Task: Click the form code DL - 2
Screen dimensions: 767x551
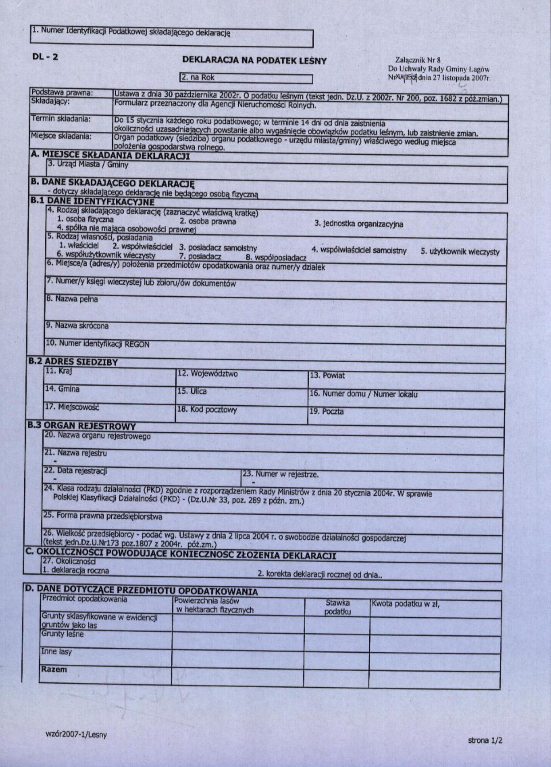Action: (x=45, y=56)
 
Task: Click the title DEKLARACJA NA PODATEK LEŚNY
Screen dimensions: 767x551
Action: (x=254, y=61)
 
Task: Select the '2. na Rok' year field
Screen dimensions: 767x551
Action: (x=245, y=78)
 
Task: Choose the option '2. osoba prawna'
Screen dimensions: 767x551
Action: (x=207, y=221)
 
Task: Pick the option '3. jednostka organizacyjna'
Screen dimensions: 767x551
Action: (x=358, y=224)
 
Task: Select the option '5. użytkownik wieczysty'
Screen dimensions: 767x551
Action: (x=459, y=251)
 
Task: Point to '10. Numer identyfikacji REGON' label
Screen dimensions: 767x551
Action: (x=97, y=344)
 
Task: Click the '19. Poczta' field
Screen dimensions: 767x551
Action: (x=406, y=416)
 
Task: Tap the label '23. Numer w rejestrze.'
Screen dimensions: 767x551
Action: (x=280, y=474)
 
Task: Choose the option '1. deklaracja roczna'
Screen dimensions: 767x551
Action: (x=75, y=571)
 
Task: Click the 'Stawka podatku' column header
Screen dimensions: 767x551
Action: (x=337, y=607)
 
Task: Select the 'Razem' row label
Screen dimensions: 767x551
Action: (x=54, y=669)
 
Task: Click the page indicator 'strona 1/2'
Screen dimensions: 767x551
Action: (x=485, y=740)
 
